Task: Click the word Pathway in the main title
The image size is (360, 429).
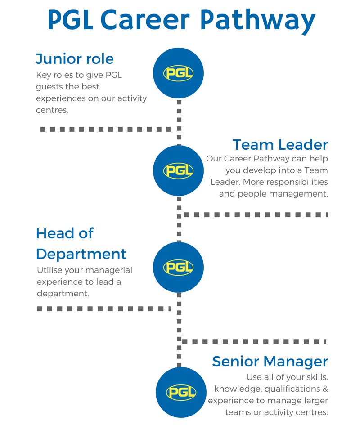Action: click(x=258, y=20)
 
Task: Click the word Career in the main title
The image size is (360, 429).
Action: click(x=145, y=20)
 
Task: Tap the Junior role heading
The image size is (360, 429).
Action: click(x=74, y=59)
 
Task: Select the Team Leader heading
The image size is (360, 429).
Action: click(x=280, y=144)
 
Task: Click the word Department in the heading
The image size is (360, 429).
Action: click(x=81, y=255)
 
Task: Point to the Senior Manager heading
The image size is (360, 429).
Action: click(x=270, y=362)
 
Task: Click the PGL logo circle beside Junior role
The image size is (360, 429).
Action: click(x=178, y=73)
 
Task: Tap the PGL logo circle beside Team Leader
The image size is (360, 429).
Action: click(x=178, y=170)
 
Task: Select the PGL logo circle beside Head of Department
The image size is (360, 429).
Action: click(x=178, y=267)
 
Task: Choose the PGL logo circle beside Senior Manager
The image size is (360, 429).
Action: click(x=181, y=392)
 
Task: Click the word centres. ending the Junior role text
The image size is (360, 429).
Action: click(x=52, y=110)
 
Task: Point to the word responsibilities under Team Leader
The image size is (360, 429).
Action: click(x=297, y=182)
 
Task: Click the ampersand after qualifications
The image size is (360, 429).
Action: click(x=325, y=389)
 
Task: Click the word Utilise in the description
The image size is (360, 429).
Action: click(x=50, y=270)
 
